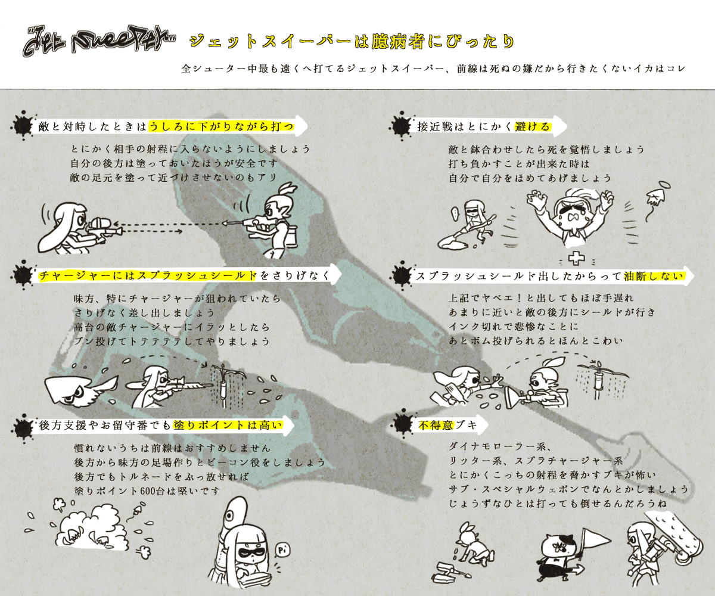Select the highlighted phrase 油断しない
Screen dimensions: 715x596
[x=654, y=276]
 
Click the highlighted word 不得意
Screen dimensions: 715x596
[x=436, y=425]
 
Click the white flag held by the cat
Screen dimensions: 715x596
[x=596, y=541]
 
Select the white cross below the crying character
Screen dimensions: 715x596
[x=576, y=259]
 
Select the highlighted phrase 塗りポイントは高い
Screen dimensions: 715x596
[x=228, y=425]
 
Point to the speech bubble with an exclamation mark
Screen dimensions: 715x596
[x=455, y=213]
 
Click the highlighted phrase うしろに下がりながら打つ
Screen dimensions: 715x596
[x=222, y=126]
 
